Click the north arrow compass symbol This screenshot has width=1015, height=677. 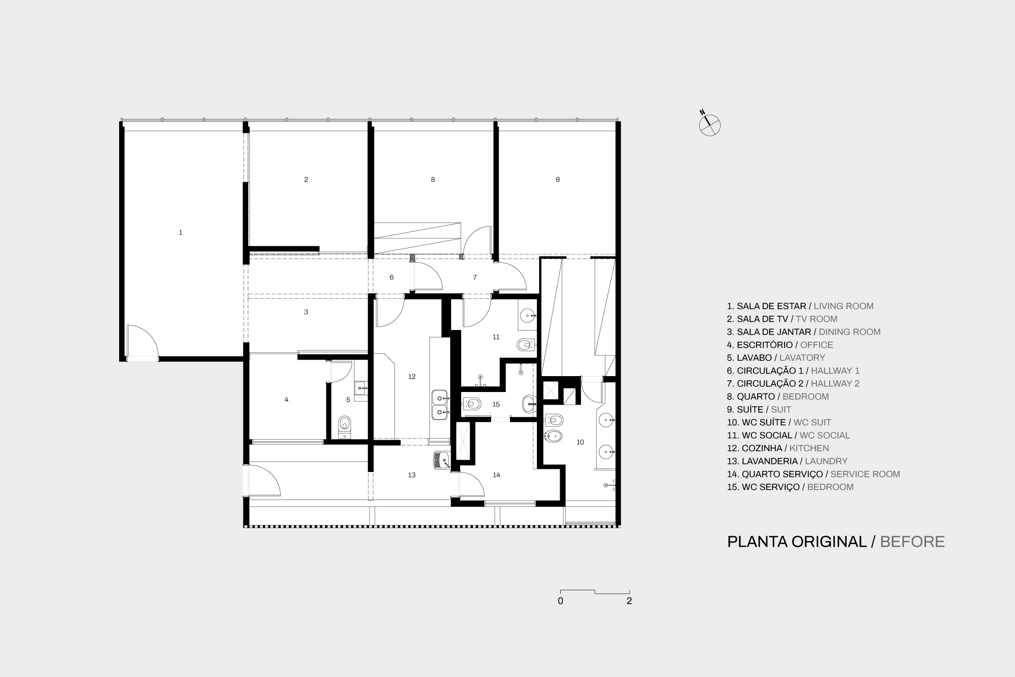coord(709,125)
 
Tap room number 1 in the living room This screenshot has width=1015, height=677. coord(181,233)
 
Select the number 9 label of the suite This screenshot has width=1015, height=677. coord(558,180)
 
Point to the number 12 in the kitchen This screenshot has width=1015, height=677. coord(412,377)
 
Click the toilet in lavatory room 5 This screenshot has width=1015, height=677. coord(345,427)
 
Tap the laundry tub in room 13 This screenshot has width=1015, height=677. coord(442,460)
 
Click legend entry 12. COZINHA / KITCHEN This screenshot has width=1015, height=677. coord(778,448)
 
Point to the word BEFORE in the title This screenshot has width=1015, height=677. coord(912,541)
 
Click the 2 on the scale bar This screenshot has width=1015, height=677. coord(629,601)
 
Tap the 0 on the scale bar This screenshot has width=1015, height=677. coord(560,601)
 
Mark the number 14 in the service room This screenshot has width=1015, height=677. coord(497,475)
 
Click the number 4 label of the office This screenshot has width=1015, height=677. coord(286,399)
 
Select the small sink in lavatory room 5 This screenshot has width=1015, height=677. coord(361,388)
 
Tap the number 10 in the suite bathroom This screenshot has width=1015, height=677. coord(580,442)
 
